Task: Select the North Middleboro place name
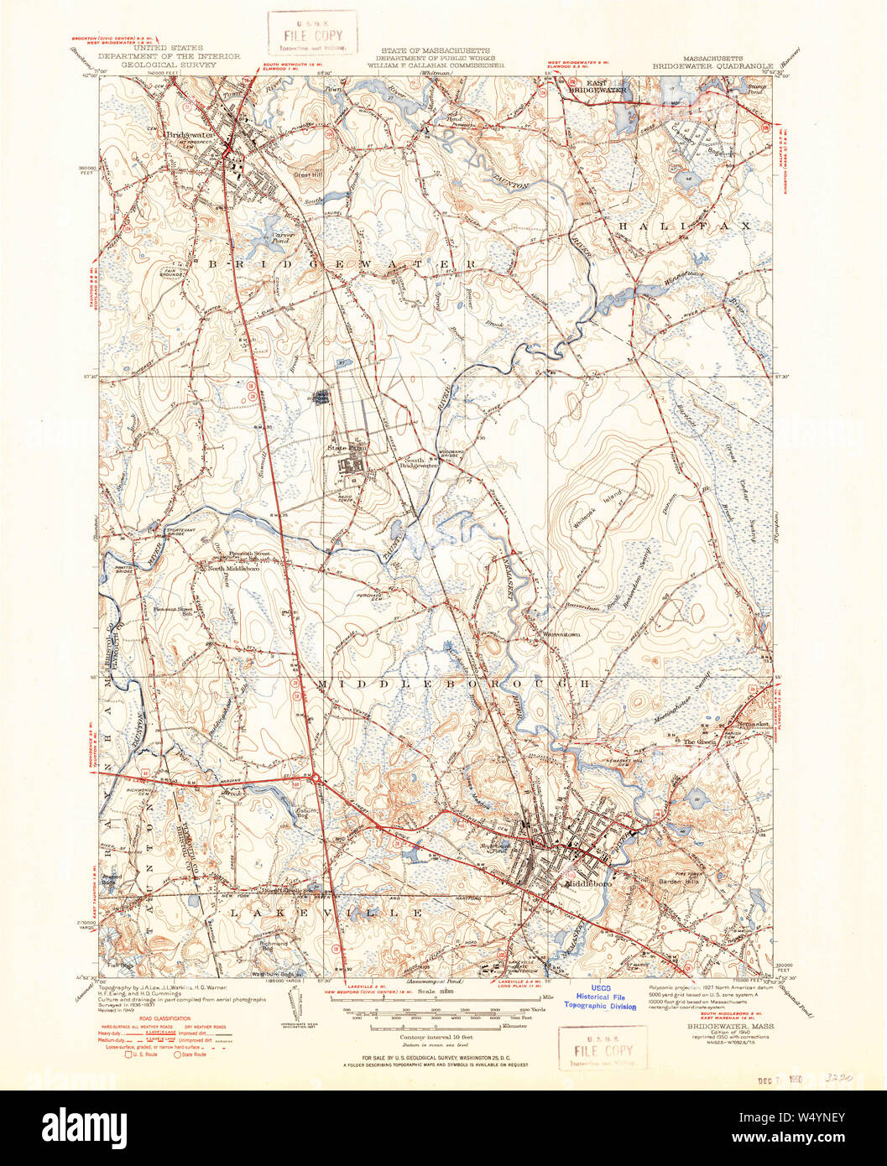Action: click(x=227, y=568)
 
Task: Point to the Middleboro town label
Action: click(x=588, y=884)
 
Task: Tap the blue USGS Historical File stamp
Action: click(x=600, y=997)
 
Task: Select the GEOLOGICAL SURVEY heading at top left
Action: click(x=181, y=64)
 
